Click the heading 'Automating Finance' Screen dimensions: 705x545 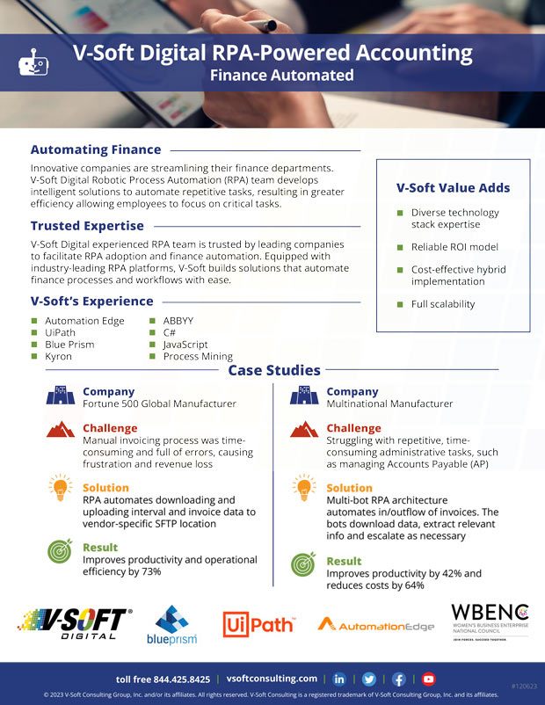point(96,149)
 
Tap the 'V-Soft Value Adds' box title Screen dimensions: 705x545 point(453,187)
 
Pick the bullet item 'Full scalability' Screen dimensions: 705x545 point(442,304)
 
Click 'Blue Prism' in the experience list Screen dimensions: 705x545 point(70,345)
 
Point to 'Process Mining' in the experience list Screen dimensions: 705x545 point(198,357)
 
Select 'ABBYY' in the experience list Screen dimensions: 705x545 point(179,321)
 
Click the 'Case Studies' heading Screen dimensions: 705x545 point(273,370)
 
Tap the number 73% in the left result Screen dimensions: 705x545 point(151,571)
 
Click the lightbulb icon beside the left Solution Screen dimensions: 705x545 point(60,488)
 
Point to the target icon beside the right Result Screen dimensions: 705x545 point(303,563)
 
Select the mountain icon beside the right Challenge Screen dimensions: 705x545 point(303,429)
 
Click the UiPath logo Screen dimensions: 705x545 point(258,624)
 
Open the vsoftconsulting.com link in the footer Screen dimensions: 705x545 point(272,679)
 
